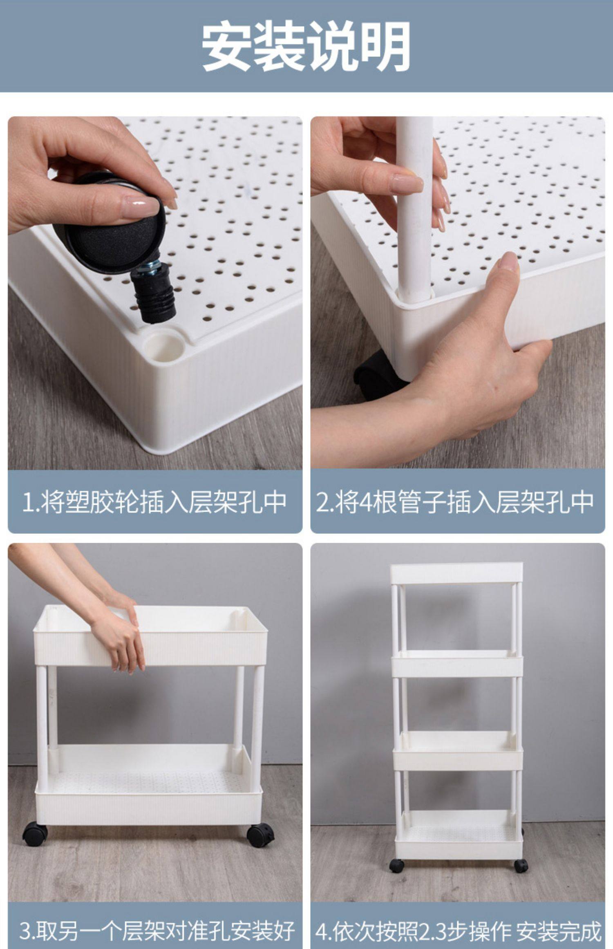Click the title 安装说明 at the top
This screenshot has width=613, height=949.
point(306,46)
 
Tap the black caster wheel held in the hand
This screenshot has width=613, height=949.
point(110,225)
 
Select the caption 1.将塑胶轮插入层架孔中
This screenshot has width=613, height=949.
point(154,502)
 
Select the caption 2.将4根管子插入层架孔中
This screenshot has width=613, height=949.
point(455,502)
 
